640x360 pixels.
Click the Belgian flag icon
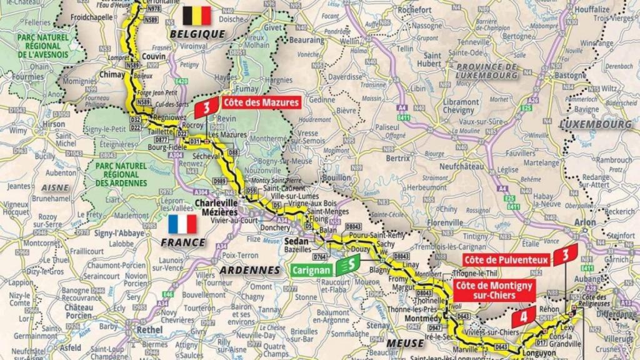[197, 16]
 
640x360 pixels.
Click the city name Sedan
[293, 240]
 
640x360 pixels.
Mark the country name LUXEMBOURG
[595, 124]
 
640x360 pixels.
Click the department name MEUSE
[405, 343]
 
